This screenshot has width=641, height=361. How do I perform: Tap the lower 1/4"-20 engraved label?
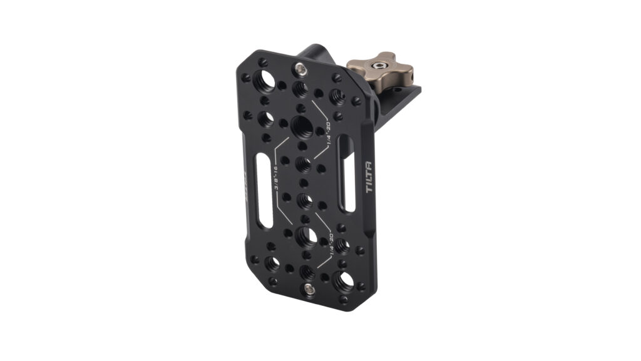[x=326, y=249]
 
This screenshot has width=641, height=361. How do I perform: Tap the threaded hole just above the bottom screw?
[x=307, y=271]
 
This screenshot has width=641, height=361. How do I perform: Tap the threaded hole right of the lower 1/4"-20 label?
[x=341, y=245]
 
